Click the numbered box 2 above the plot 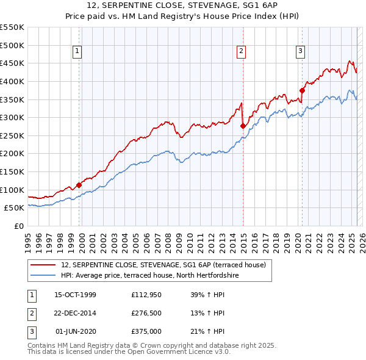pyautogui.click(x=242, y=52)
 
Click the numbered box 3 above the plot pyautogui.click(x=301, y=52)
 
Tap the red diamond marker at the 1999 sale pyautogui.click(x=79, y=185)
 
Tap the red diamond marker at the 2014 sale pyautogui.click(x=243, y=126)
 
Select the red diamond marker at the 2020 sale pyautogui.click(x=301, y=90)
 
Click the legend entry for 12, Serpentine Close pyautogui.click(x=163, y=265)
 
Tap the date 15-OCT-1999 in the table pyautogui.click(x=76, y=295)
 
